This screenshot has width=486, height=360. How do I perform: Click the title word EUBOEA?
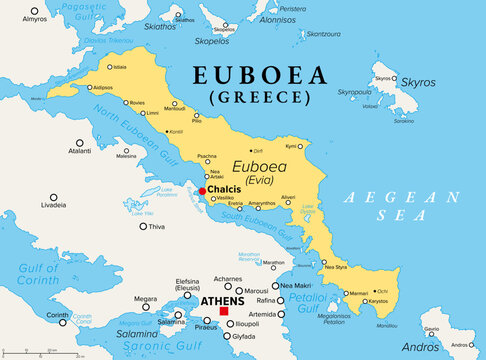pos(255,76)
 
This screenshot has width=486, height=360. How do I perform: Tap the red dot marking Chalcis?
pos(202,191)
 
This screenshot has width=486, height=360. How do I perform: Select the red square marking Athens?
pos(223,311)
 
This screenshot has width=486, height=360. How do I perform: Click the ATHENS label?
pos(222,299)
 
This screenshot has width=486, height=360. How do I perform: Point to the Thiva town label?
pos(156,226)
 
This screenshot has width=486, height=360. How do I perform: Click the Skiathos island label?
pos(160,26)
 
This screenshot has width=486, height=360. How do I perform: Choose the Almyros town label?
pos(34,19)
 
